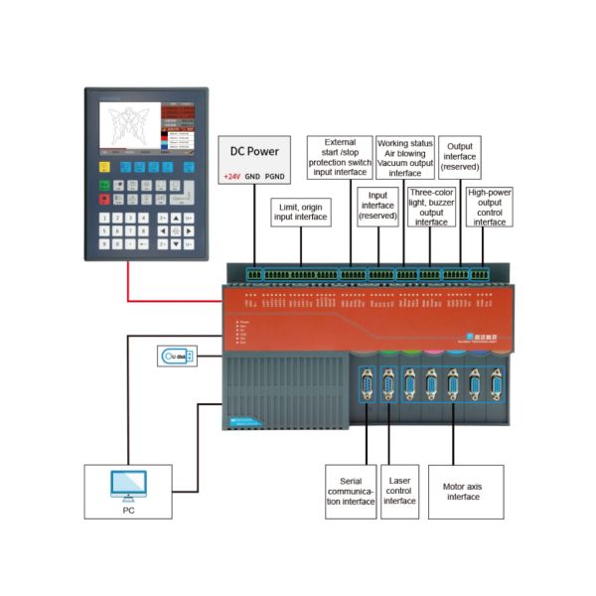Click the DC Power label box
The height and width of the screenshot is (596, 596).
[255, 159]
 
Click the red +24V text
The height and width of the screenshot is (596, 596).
[230, 176]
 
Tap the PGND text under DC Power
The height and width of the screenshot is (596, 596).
[275, 176]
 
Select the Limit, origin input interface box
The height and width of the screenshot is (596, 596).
[301, 211]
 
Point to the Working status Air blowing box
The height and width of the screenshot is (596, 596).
[404, 160]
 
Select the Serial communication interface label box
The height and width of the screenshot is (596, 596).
[351, 491]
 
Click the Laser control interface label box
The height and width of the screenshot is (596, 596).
[399, 491]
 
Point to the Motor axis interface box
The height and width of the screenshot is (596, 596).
[465, 491]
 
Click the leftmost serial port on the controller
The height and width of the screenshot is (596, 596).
[366, 384]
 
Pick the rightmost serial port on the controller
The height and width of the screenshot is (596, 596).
[497, 384]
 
